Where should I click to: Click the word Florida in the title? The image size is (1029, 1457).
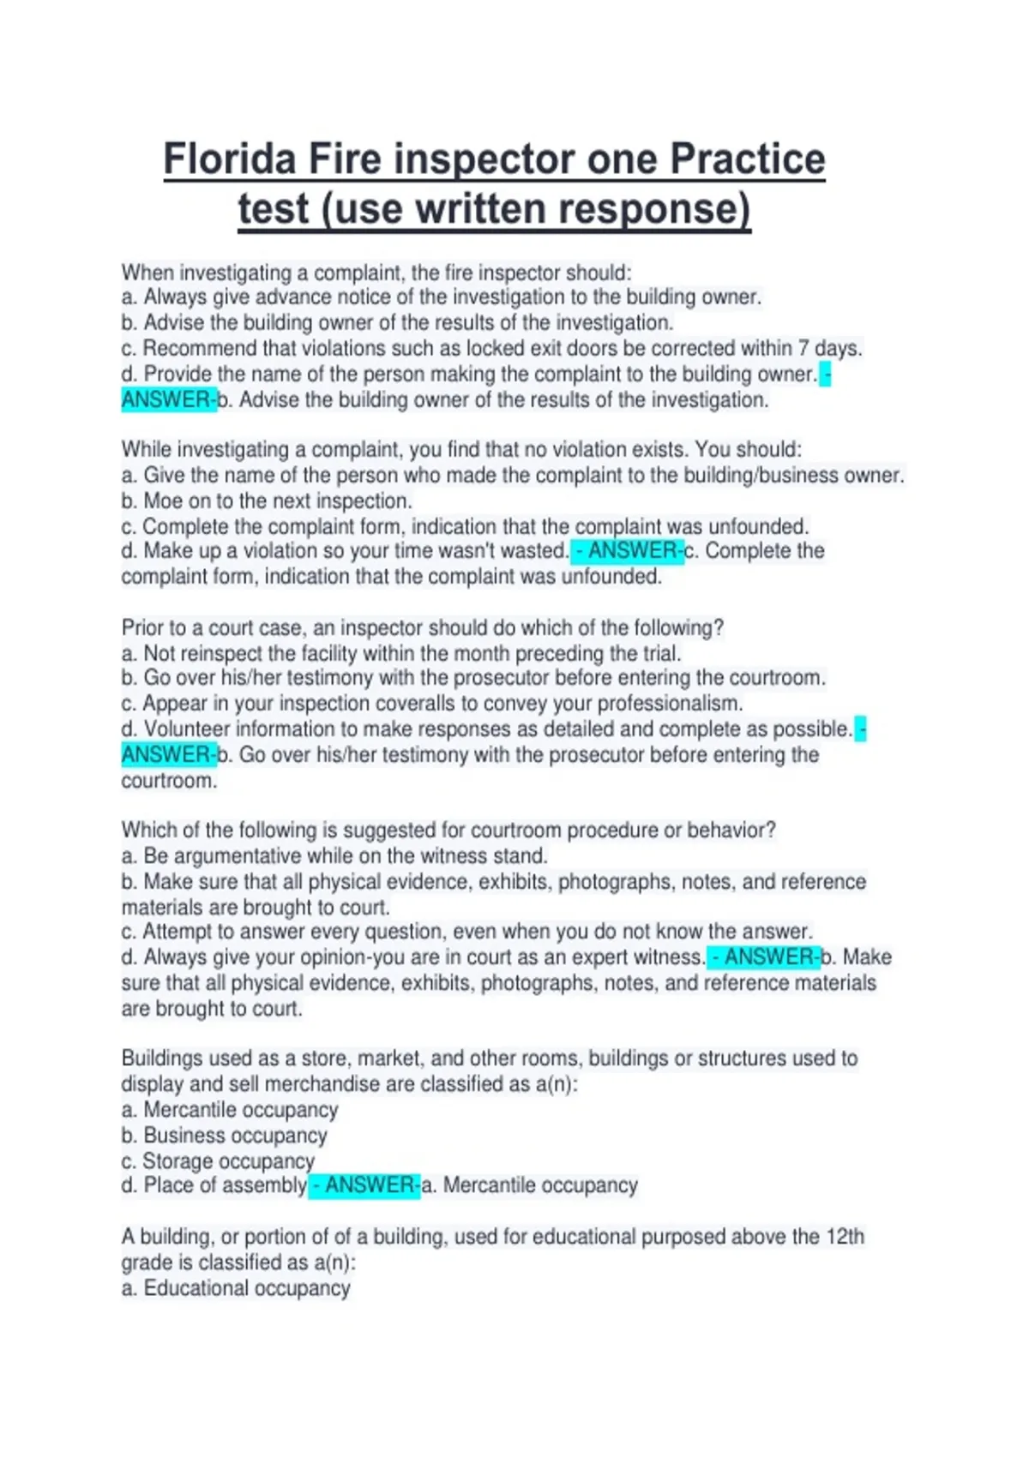click(x=230, y=159)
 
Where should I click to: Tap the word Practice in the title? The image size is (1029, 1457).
click(x=747, y=159)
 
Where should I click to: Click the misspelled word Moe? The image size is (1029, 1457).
click(x=162, y=501)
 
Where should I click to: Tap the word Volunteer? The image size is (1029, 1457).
click(x=187, y=729)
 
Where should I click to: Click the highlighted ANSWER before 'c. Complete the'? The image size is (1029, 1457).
click(x=633, y=551)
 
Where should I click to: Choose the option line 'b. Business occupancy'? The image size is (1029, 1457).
click(x=224, y=1136)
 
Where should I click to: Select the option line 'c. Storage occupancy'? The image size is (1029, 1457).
click(x=218, y=1161)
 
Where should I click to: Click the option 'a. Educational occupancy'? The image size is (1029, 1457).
click(x=236, y=1288)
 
